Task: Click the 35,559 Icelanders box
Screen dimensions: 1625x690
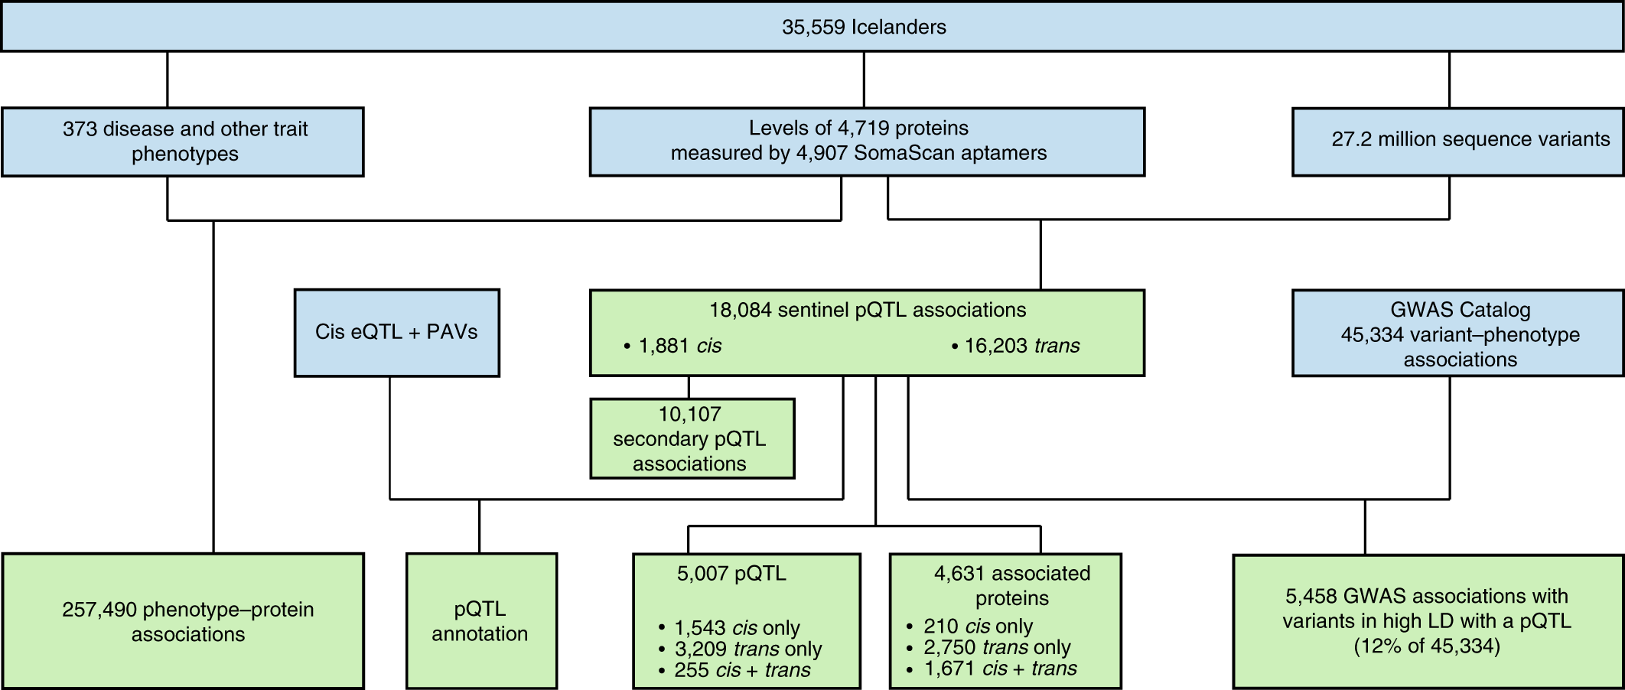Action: coord(812,27)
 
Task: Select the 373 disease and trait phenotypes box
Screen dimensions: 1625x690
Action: coord(183,142)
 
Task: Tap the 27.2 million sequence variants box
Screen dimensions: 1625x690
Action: coord(1458,142)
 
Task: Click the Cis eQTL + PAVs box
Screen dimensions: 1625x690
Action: coord(397,333)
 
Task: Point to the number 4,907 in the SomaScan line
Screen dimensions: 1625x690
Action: coord(822,153)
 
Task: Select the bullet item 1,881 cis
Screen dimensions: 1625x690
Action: coord(672,346)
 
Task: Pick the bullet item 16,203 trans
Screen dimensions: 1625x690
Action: coord(1016,346)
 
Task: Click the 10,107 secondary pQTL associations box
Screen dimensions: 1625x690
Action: coord(692,438)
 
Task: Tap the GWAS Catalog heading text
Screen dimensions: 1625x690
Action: coord(1461,310)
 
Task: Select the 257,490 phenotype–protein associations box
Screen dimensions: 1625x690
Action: coord(183,621)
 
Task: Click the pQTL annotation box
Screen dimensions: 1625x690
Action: coord(481,621)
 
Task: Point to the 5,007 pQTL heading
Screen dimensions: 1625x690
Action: coord(731,573)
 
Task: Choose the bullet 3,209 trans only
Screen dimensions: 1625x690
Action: coord(740,649)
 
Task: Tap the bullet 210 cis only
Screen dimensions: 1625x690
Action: coord(970,626)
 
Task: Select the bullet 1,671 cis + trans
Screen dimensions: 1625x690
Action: coord(992,669)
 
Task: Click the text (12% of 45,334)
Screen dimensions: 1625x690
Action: coord(1427,646)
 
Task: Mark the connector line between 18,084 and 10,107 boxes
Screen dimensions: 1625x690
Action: coord(689,387)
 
